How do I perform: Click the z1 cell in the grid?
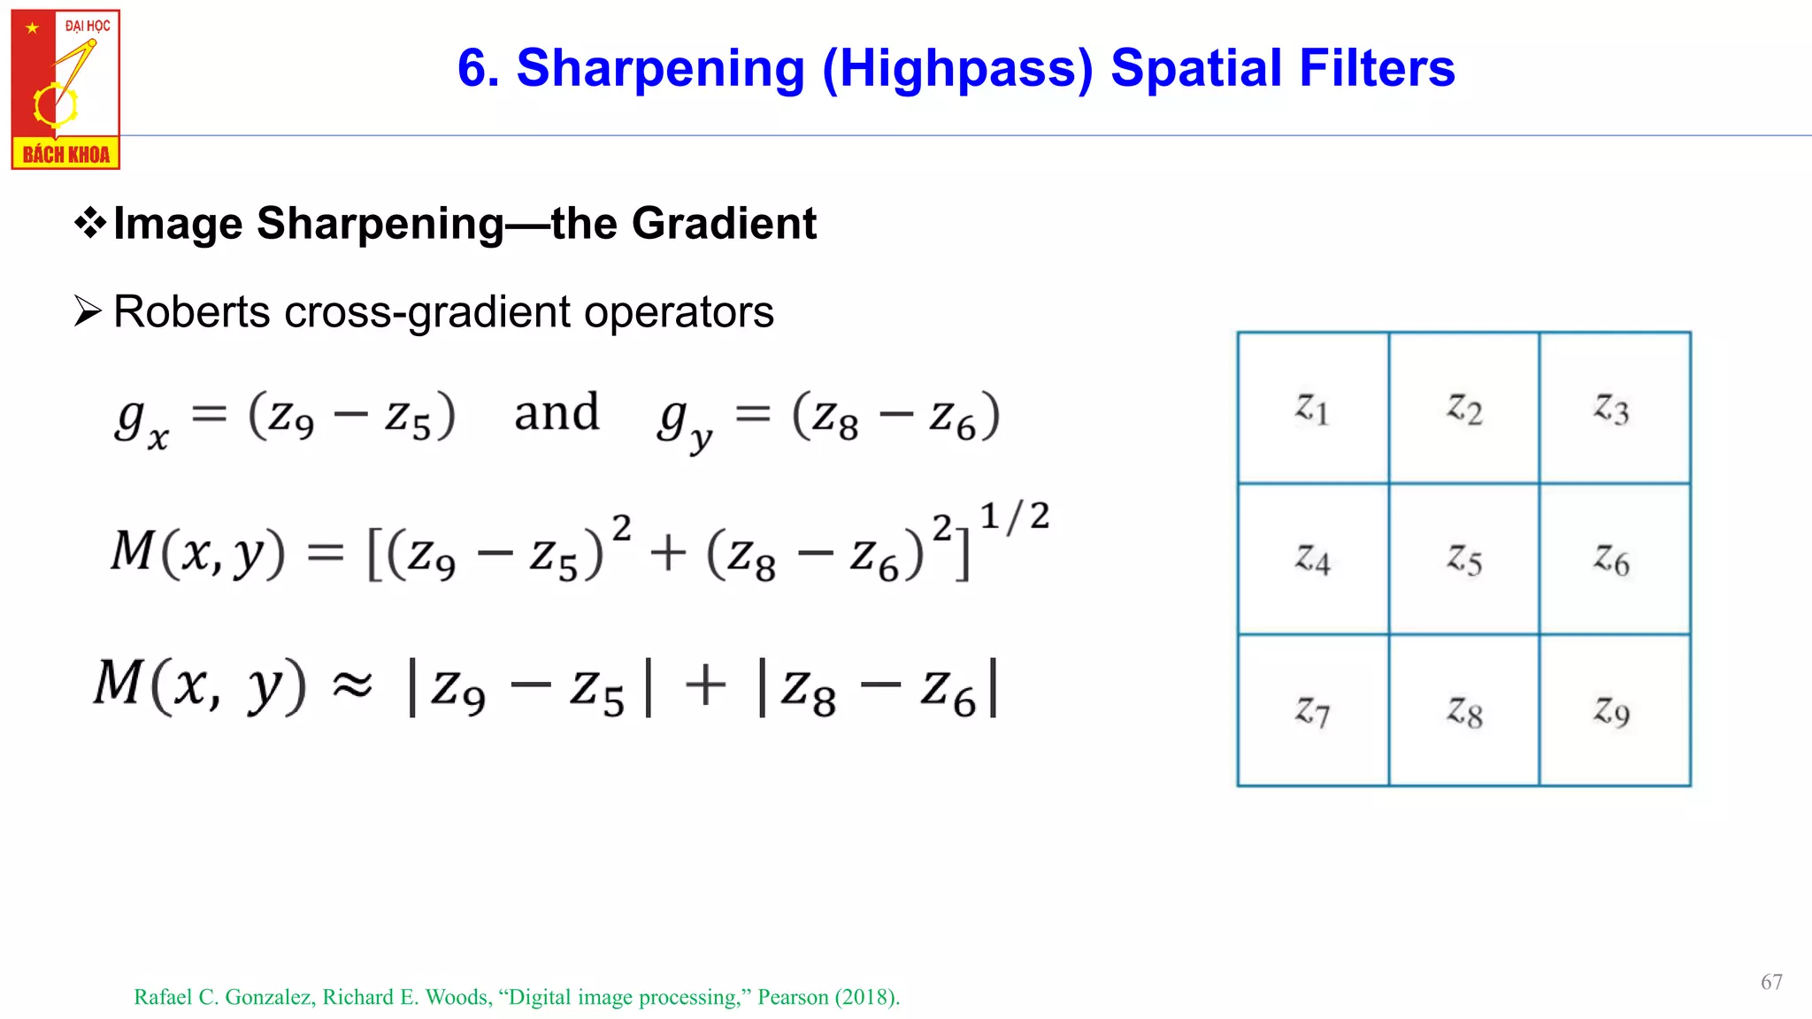coord(1313,409)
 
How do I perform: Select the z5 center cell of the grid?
coord(1464,559)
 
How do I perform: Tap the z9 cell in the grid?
coord(1614,710)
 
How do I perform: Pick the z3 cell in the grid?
coord(1614,409)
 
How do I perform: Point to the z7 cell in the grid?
coord(1313,710)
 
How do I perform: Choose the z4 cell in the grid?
coord(1313,559)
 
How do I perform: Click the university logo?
coord(65,89)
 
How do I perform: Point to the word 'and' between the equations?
coord(557,413)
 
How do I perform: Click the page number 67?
coord(1770,982)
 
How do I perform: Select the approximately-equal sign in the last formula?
coord(352,685)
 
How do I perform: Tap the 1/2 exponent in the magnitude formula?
coord(1014,517)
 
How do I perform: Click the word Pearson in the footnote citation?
coord(793,997)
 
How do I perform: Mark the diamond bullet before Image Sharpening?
coord(89,223)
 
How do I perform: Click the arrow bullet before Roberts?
coord(88,311)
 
